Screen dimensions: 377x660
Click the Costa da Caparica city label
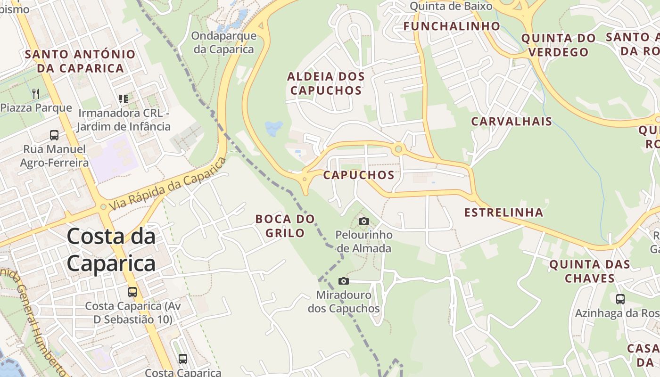111,250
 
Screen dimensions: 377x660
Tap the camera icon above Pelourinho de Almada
363,221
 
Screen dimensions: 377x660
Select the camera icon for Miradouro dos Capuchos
344,281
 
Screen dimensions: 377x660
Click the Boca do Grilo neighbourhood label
285,226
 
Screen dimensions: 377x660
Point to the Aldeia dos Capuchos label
326,83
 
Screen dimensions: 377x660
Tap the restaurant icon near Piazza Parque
36,93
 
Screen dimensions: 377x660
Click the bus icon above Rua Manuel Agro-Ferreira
54,135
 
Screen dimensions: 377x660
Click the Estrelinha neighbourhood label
503,213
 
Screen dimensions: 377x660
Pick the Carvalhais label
511,122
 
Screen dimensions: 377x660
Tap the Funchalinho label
452,26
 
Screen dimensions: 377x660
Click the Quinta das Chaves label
590,271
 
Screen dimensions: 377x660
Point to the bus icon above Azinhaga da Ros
620,299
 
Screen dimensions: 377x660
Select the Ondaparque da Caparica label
224,42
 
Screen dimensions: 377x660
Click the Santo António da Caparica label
80,61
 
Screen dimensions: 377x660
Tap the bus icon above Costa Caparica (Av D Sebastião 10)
132,292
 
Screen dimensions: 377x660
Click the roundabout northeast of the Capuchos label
399,149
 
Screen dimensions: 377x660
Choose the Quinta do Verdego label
558,45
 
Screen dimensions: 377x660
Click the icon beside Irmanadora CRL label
124,99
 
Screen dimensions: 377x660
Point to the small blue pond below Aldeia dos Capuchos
273,127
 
